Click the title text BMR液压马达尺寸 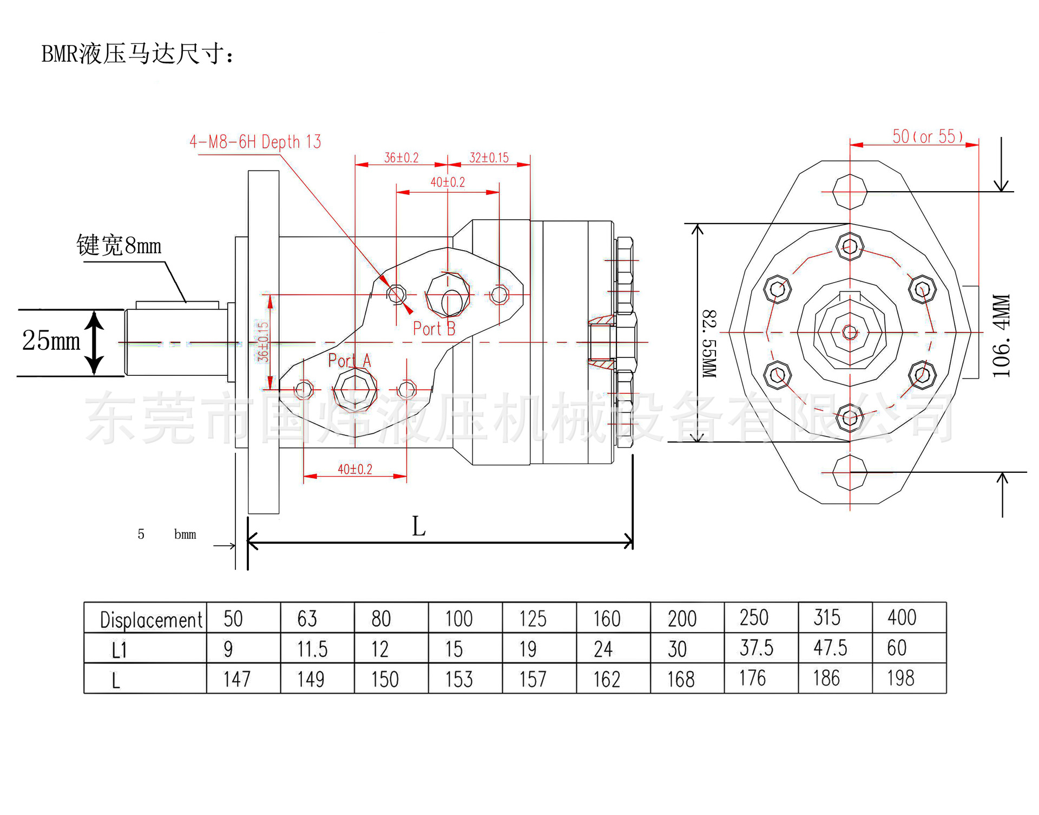[138, 54]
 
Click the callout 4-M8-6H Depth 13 [255, 142]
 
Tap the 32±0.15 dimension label [489, 158]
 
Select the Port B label [434, 329]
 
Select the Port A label [350, 361]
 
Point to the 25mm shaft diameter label [51, 341]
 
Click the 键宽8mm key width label [119, 245]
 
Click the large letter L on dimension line [419, 526]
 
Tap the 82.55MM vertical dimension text [709, 343]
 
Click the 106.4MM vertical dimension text [1002, 336]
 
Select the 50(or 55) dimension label [928, 136]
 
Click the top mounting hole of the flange [850, 192]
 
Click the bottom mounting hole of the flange [850, 472]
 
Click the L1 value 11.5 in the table [313, 649]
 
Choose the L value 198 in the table [900, 678]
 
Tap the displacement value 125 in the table [533, 618]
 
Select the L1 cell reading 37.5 [757, 648]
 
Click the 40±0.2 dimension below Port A [355, 469]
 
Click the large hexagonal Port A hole [354, 390]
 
